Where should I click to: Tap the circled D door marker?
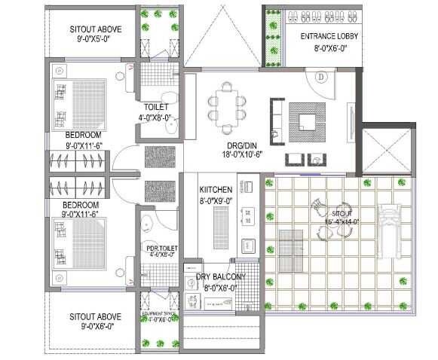point(320,76)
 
